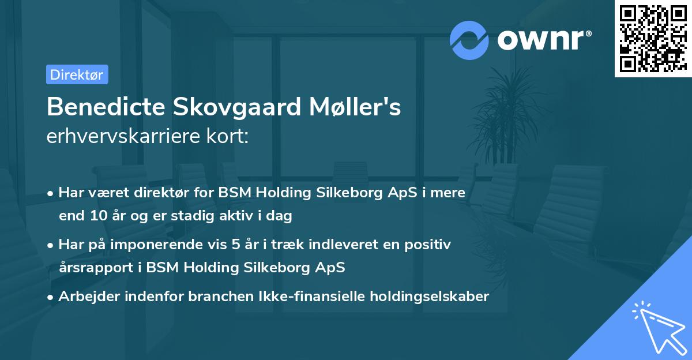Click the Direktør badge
point(77,74)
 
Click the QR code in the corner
point(652,38)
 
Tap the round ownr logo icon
point(469,40)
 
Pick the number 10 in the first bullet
point(97,216)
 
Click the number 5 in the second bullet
point(236,245)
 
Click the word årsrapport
point(100,268)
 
